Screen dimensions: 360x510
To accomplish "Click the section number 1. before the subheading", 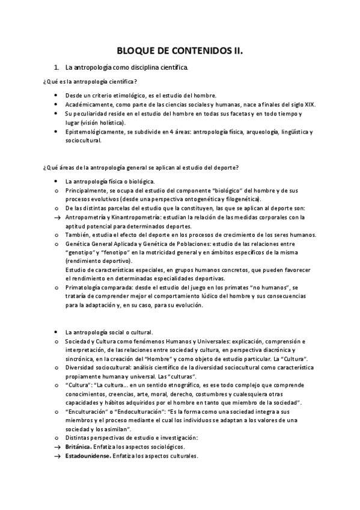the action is pyautogui.click(x=56, y=69).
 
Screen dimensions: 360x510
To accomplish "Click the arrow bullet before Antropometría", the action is pyautogui.click(x=56, y=217).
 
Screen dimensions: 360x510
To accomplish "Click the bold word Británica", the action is pyautogui.click(x=79, y=447).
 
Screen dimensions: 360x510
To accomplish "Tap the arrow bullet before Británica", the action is pyautogui.click(x=56, y=447).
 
